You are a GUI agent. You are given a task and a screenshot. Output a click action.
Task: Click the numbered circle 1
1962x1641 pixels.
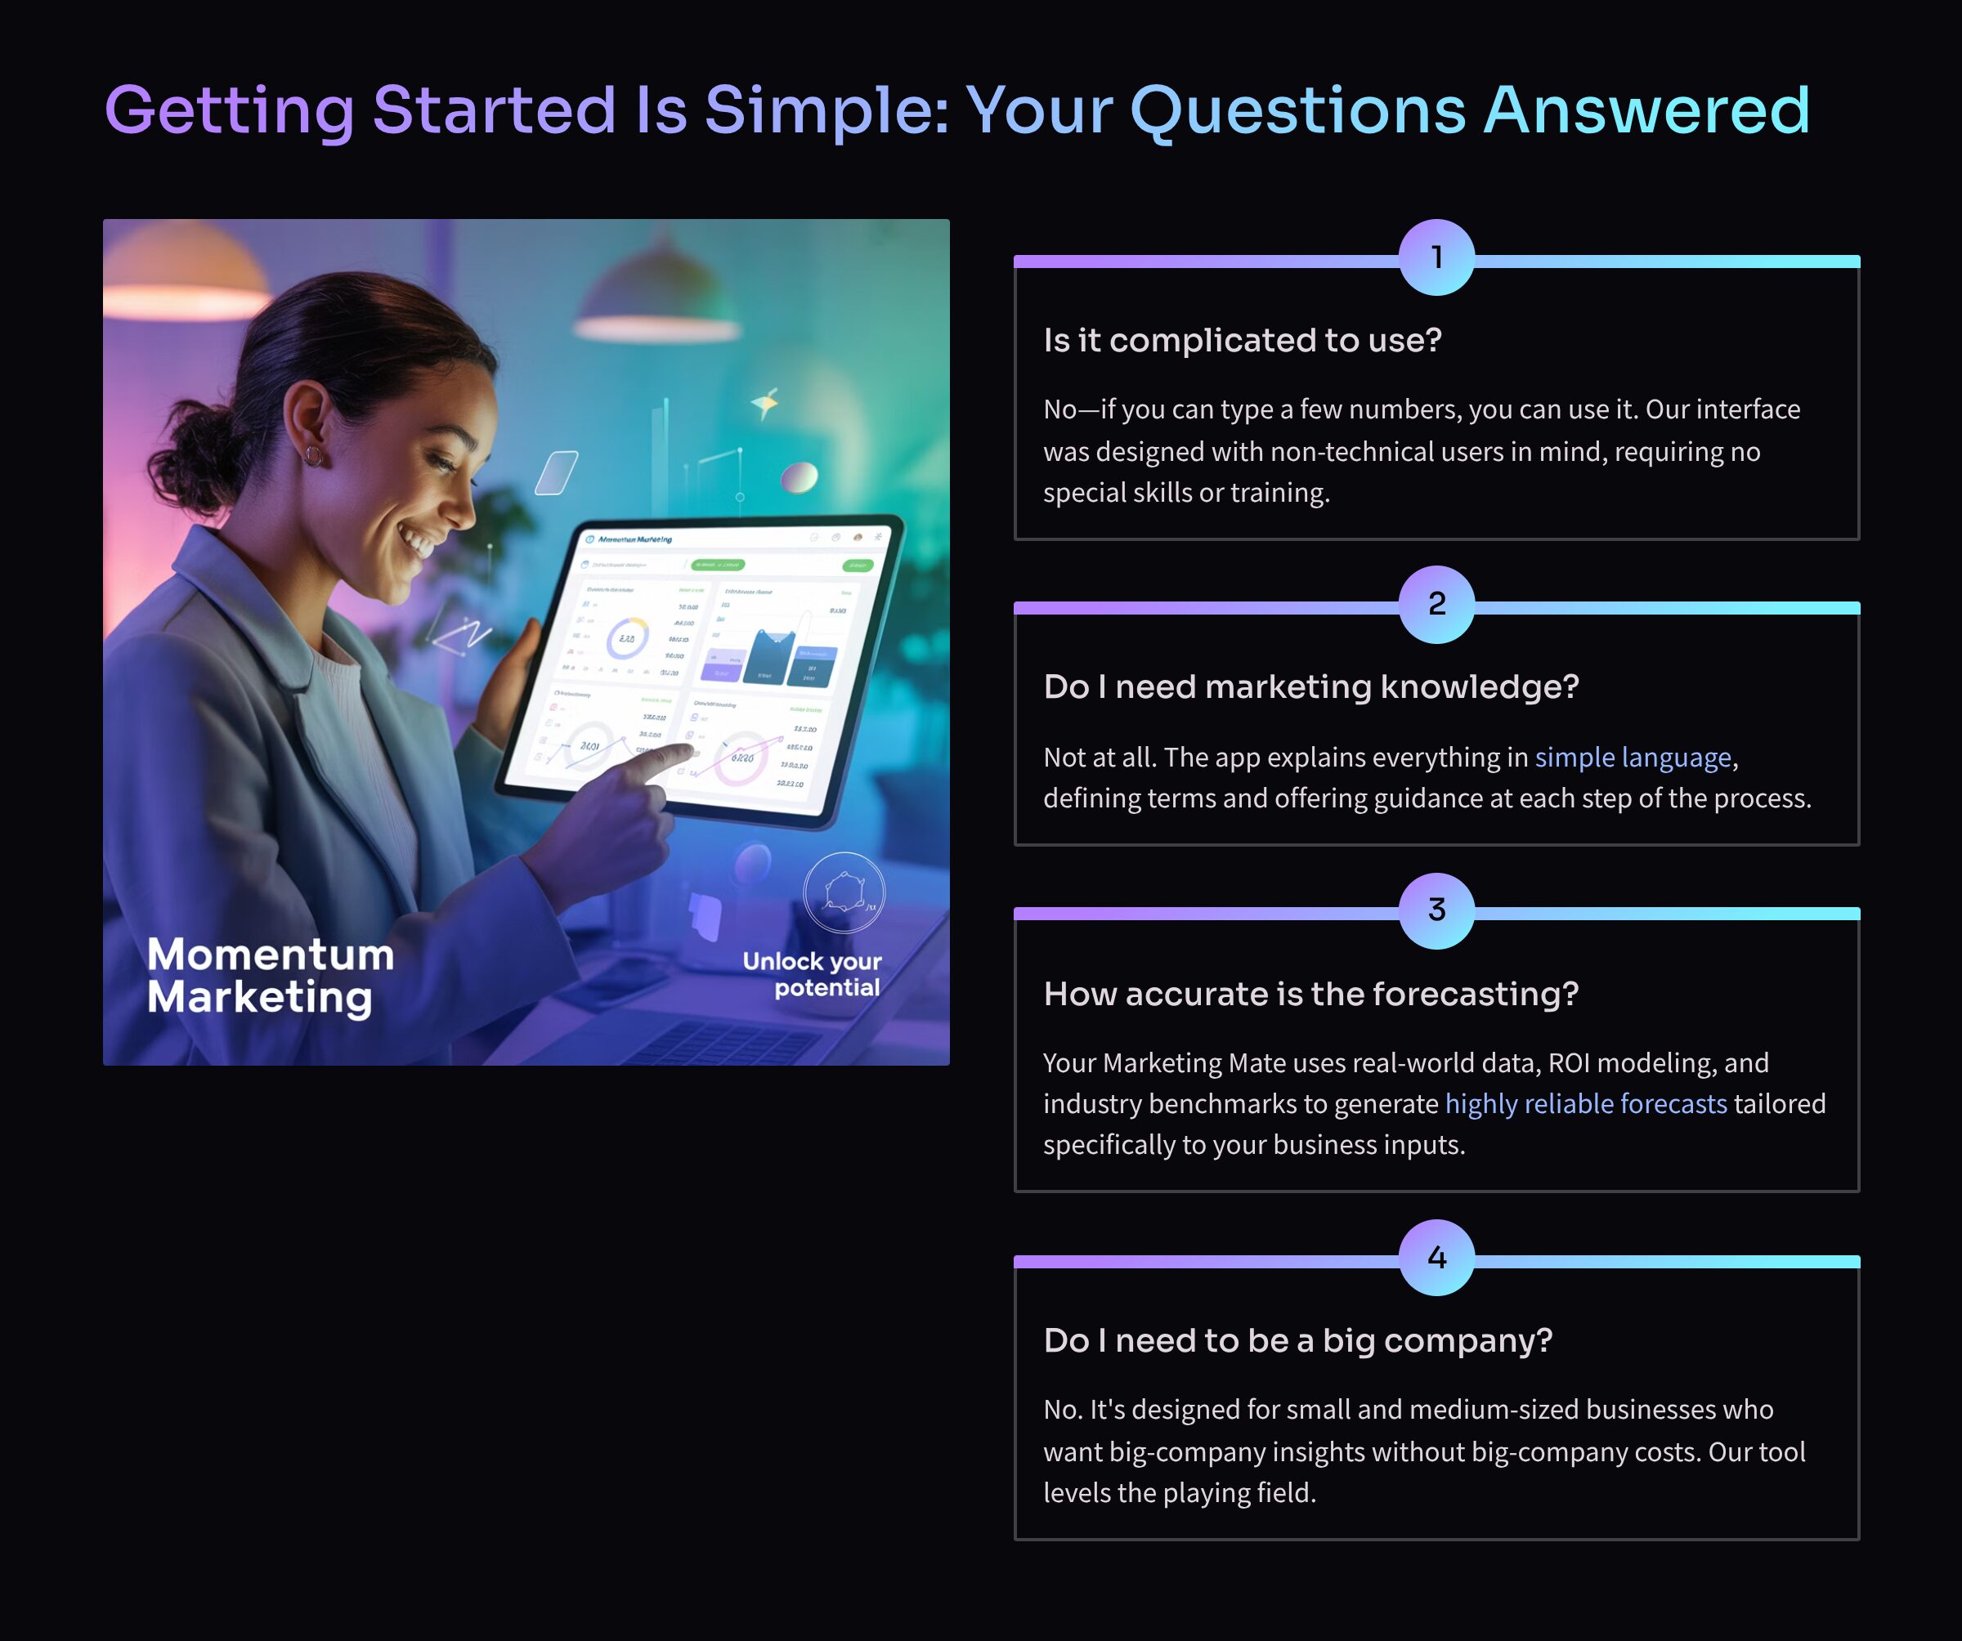point(1436,257)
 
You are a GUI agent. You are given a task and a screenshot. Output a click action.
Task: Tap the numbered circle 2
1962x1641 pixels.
point(1436,604)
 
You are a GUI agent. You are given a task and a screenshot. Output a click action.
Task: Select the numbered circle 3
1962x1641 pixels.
point(1436,910)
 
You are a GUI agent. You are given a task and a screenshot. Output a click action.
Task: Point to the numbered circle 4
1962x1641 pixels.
point(1436,1257)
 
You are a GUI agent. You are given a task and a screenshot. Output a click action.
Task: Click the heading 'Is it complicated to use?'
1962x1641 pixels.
point(1242,340)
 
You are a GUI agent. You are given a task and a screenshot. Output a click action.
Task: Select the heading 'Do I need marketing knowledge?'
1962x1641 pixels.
point(1310,686)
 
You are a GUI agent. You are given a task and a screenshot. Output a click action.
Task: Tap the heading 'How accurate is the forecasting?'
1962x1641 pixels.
point(1310,994)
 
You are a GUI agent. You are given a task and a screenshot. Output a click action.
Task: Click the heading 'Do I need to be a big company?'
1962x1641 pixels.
point(1297,1340)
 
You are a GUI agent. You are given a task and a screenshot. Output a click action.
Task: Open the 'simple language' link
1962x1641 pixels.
point(1633,757)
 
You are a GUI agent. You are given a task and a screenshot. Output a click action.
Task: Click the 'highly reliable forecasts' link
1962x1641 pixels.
point(1585,1103)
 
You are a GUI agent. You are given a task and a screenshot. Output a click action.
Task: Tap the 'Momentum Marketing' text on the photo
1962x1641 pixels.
point(270,975)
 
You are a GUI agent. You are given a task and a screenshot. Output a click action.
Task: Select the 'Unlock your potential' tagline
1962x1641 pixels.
point(812,974)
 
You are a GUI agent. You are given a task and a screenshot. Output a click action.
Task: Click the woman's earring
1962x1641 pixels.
point(314,456)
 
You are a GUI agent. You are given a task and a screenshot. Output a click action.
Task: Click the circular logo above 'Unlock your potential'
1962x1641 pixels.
point(844,892)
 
